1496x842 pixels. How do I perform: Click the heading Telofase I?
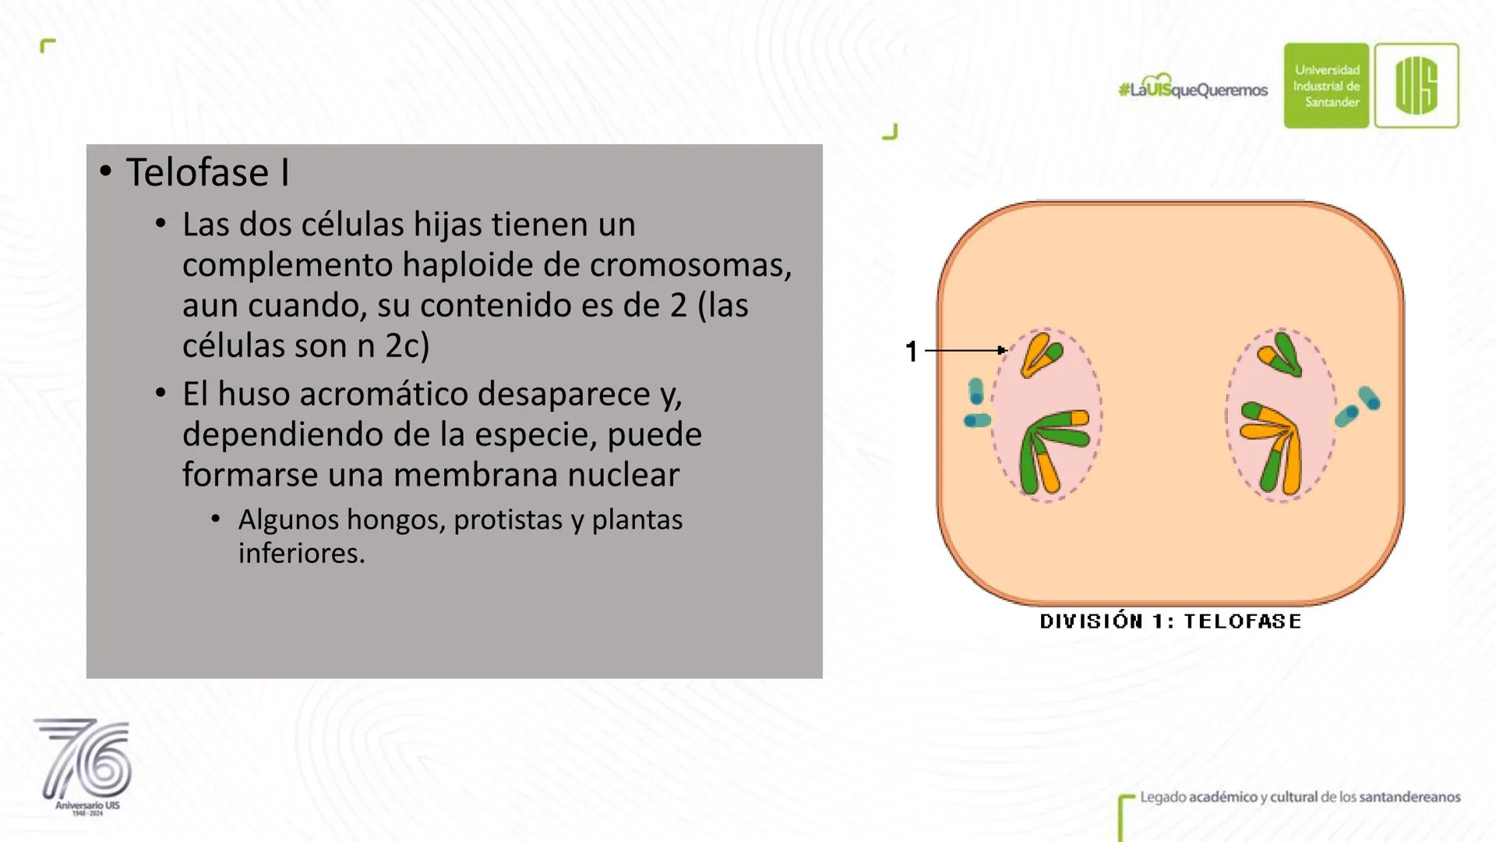pos(207,172)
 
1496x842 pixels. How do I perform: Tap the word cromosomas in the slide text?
pos(690,265)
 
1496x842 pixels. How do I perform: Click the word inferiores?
pos(302,554)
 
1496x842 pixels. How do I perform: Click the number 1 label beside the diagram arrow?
pos(912,352)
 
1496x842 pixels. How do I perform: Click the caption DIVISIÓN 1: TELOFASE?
pos(1170,621)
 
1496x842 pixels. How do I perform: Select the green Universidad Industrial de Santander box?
pos(1326,86)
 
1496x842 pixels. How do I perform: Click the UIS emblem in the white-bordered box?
pos(1417,86)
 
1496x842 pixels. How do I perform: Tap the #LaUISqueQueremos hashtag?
pos(1193,88)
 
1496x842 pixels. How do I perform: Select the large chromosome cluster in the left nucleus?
pos(1053,451)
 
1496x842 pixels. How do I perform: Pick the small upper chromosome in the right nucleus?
pos(1279,354)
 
